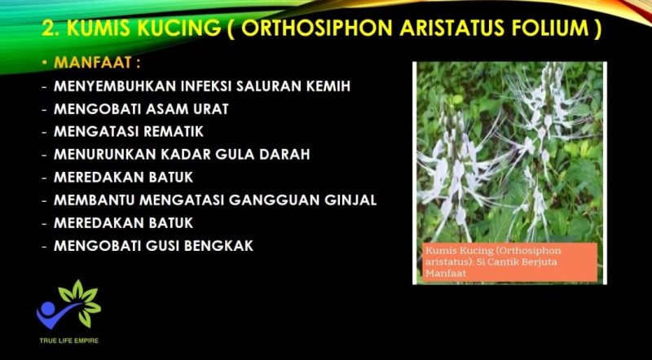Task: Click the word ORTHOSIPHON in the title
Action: click(x=317, y=29)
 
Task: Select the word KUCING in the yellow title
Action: click(x=179, y=29)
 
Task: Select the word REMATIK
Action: click(x=174, y=131)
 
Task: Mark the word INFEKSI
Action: click(x=206, y=86)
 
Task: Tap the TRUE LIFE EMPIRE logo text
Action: click(x=69, y=340)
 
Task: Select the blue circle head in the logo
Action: click(x=48, y=308)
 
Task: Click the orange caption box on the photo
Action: click(x=510, y=262)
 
